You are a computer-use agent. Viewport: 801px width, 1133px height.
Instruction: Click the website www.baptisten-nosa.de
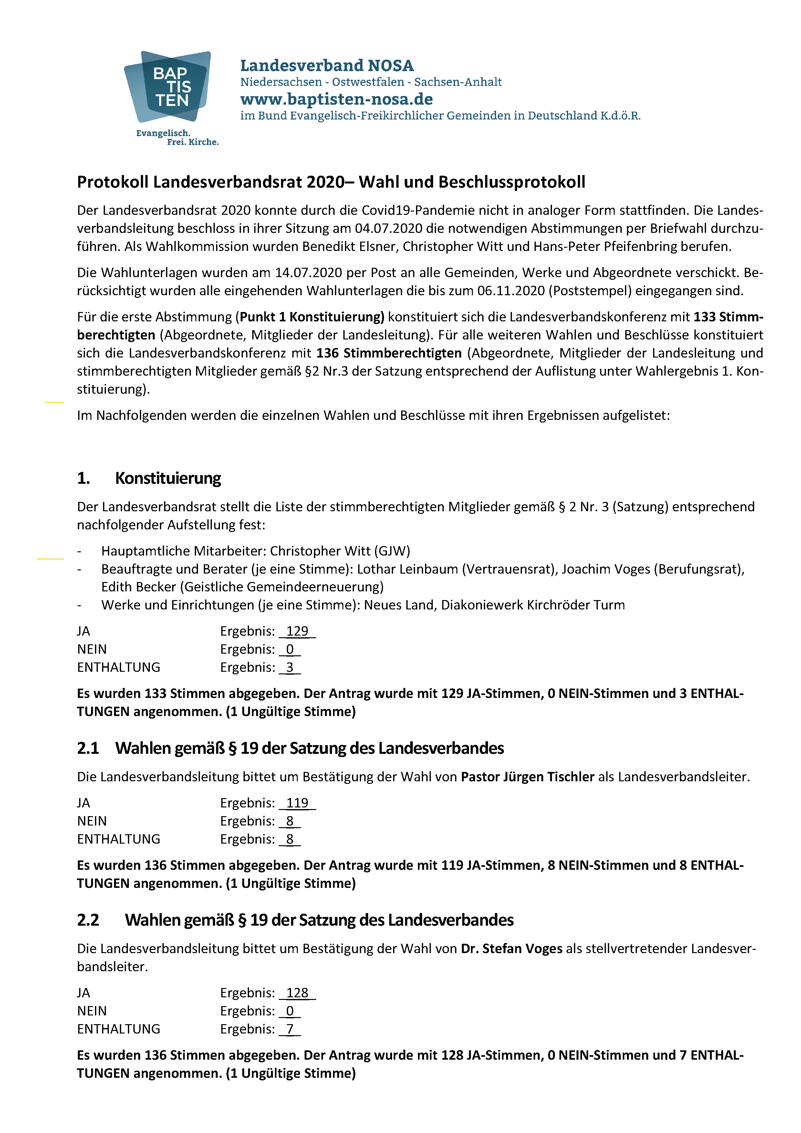tap(336, 99)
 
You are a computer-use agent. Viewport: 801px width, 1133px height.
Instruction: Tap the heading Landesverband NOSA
tap(327, 66)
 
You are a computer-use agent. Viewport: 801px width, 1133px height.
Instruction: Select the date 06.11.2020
tap(511, 291)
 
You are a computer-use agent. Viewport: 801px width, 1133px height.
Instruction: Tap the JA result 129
tap(297, 631)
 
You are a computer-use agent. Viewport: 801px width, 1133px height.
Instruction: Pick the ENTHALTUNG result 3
tap(290, 667)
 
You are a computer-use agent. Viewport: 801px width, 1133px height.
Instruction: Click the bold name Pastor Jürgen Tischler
tap(527, 777)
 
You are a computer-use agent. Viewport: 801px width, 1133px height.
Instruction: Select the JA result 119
tap(297, 803)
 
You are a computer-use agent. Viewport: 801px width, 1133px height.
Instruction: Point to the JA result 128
tap(297, 993)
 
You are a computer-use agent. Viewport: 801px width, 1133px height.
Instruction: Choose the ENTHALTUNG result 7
tap(290, 1029)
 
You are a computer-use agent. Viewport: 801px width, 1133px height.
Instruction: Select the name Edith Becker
tap(138, 587)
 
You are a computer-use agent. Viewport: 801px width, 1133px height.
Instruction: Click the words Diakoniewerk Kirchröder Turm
tap(533, 605)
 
